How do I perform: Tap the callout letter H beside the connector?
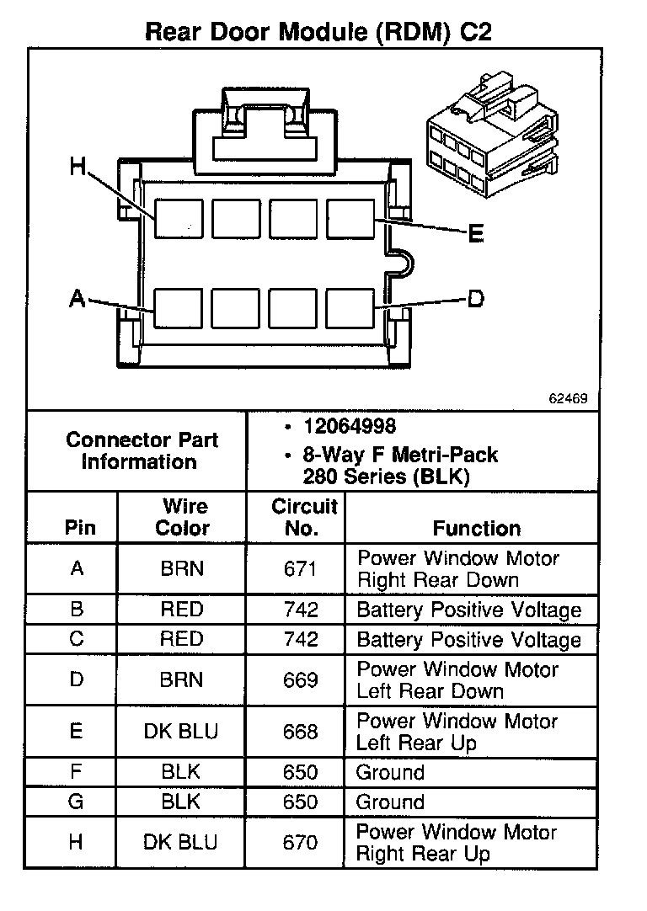78,168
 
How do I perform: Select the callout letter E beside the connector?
476,234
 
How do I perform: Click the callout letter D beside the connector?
476,298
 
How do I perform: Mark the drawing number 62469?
569,397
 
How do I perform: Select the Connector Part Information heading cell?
142,450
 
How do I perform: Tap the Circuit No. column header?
303,518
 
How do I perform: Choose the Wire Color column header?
183,518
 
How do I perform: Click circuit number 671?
301,569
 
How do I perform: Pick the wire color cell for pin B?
182,610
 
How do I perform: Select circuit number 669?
301,680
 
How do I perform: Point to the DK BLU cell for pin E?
181,732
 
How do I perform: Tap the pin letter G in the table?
76,802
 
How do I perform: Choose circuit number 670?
301,842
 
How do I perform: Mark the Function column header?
476,529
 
